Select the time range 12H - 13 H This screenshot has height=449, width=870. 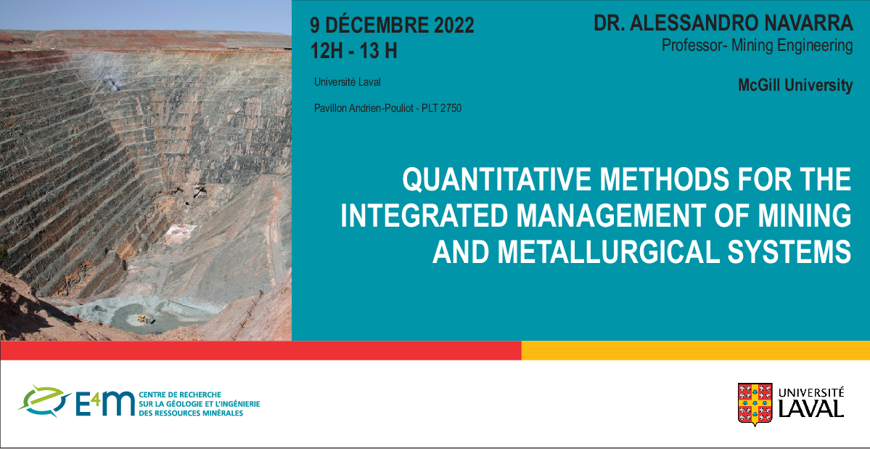pos(353,51)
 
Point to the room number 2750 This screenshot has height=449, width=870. pos(451,108)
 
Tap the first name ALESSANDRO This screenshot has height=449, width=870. pos(687,23)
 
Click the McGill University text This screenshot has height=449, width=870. pos(795,85)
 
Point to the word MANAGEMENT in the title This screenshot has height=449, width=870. pos(614,217)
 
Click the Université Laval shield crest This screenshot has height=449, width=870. pos(755,404)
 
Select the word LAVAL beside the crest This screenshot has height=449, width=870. pos(811,408)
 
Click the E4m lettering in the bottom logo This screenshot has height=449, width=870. pos(105,403)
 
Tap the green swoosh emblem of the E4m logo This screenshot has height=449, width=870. pos(44,401)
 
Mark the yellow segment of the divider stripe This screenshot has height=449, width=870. pos(696,351)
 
